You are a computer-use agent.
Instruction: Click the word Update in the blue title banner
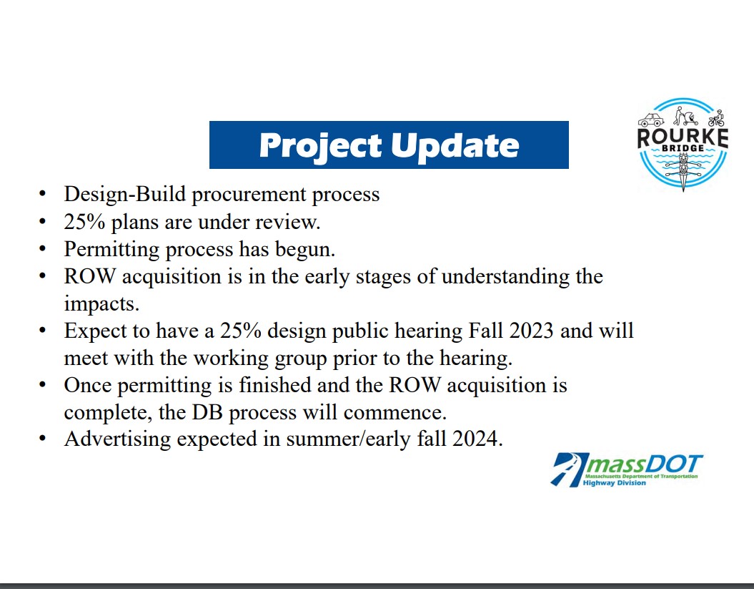coord(455,145)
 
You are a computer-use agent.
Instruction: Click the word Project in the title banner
coord(319,145)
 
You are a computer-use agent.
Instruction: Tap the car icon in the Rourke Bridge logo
coord(650,120)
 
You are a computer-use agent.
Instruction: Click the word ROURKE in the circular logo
coord(683,136)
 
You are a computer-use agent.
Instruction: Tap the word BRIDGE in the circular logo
coord(683,148)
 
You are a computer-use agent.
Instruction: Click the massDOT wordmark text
coord(643,464)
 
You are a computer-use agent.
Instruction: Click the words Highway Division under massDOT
coord(615,483)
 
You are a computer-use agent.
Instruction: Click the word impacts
coord(100,303)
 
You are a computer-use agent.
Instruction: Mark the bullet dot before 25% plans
coord(44,222)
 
